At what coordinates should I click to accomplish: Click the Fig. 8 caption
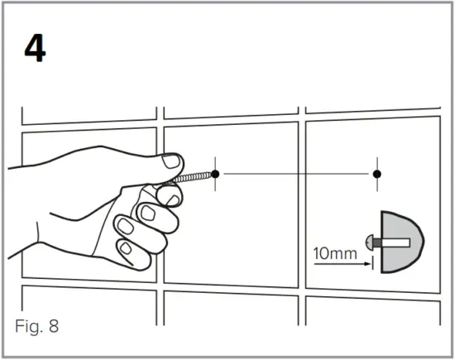click(37, 324)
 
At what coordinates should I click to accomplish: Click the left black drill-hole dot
click(215, 174)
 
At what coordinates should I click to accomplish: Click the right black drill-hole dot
click(376, 174)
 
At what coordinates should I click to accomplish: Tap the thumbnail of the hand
click(170, 161)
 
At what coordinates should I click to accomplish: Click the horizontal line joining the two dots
click(295, 174)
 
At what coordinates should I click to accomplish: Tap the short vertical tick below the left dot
click(215, 187)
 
